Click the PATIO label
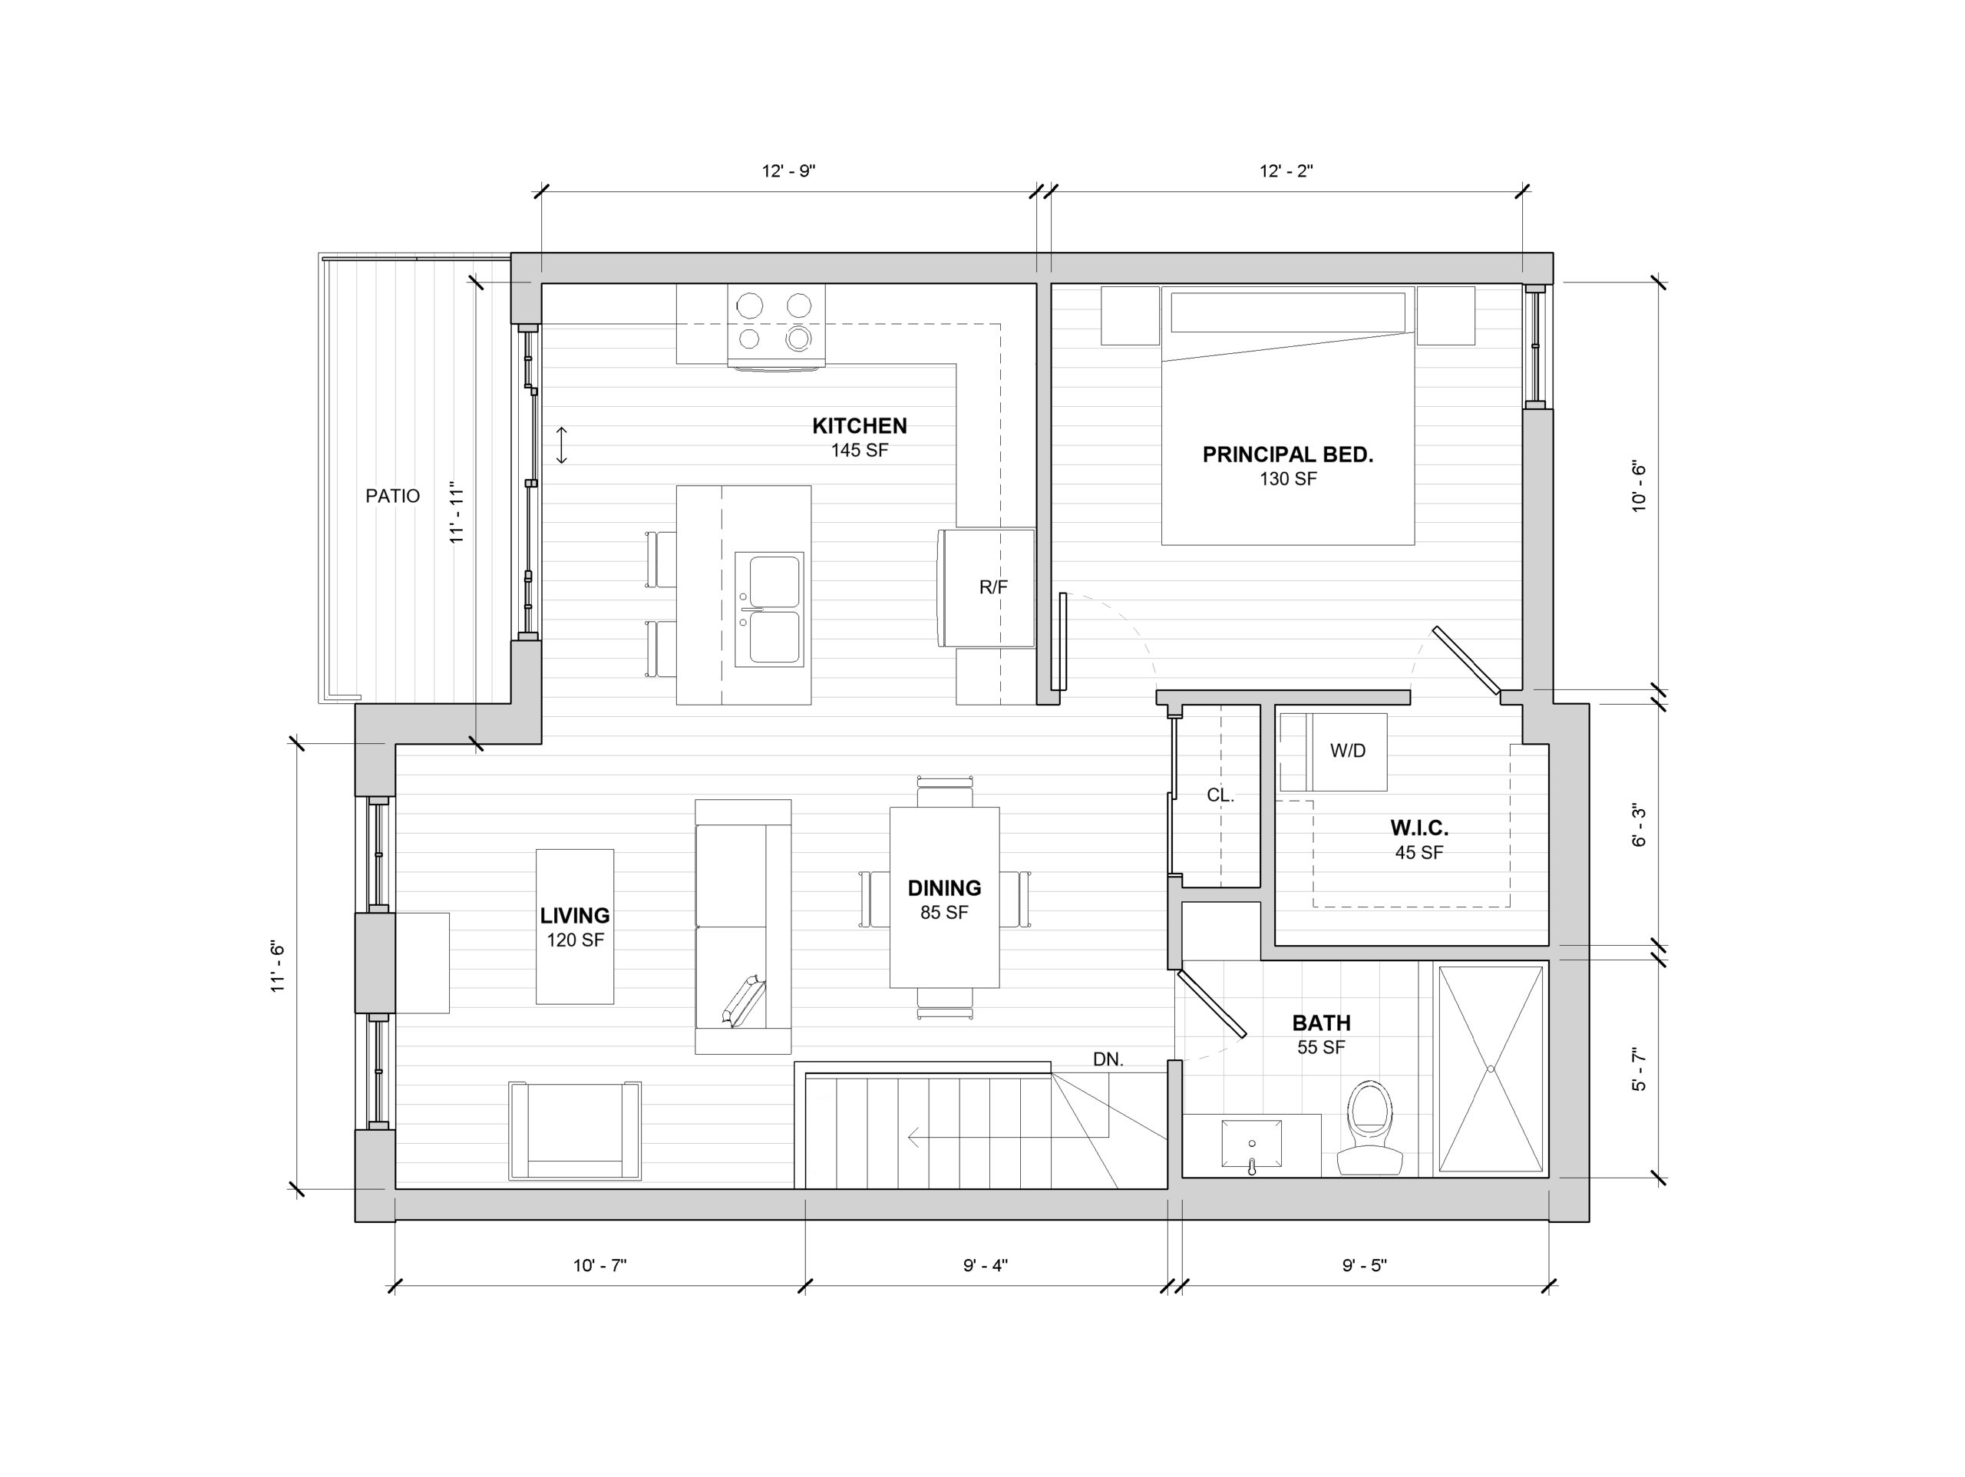(x=393, y=496)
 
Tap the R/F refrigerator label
(x=993, y=587)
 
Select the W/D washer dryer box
(x=1333, y=752)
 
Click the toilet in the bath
(x=1370, y=1128)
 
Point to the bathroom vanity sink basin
(x=1252, y=1144)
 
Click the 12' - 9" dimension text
(x=788, y=170)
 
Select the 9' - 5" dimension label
(x=1365, y=1265)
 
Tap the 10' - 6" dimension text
(x=1639, y=486)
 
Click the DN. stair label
(x=1108, y=1059)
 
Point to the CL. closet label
(x=1220, y=795)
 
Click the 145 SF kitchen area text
(x=859, y=451)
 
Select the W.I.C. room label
(x=1418, y=828)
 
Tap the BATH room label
(x=1321, y=1023)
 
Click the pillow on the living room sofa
(x=745, y=1002)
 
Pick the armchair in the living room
(x=575, y=1131)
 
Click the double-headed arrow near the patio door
(x=561, y=445)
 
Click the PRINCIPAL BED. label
(x=1287, y=455)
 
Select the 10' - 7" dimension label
(x=599, y=1265)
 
